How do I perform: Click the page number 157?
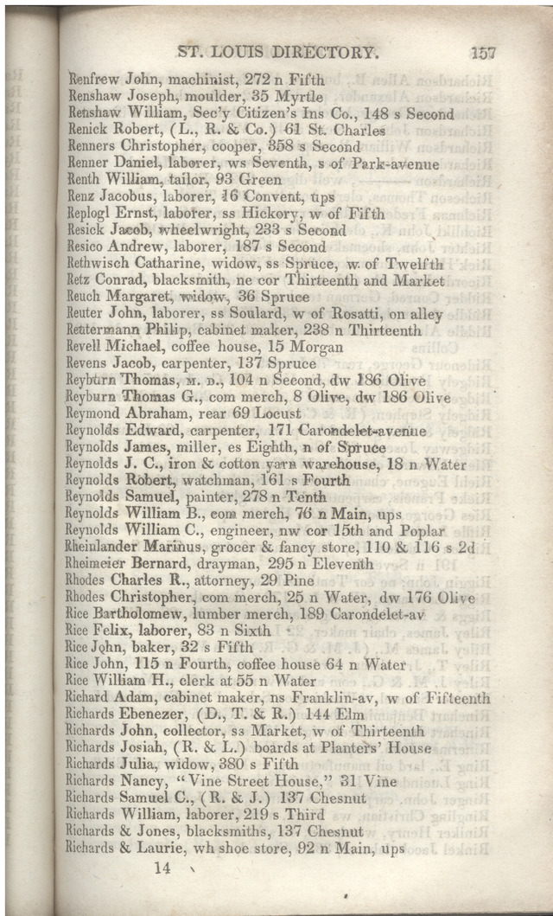[x=483, y=52]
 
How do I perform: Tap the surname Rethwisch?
[x=100, y=264]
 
